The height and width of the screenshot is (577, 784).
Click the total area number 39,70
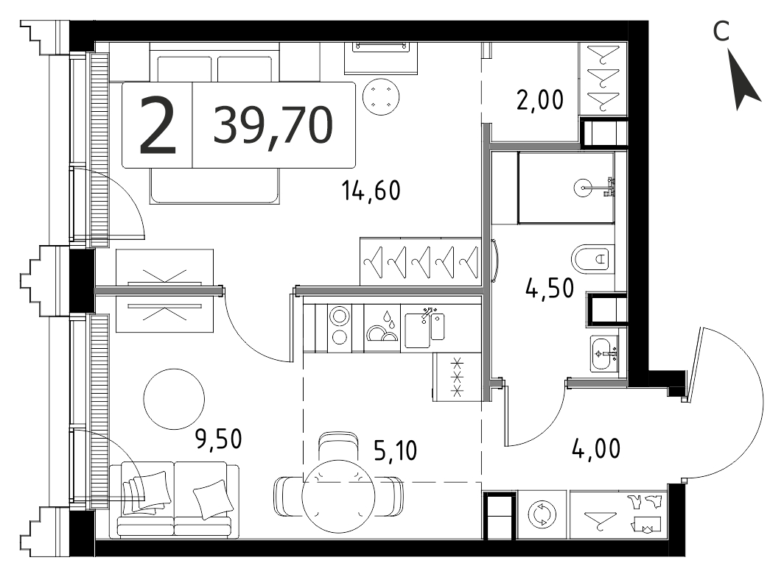pyautogui.click(x=273, y=126)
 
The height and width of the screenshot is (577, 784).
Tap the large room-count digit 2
pyautogui.click(x=158, y=125)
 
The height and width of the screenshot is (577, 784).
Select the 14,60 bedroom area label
pyautogui.click(x=371, y=191)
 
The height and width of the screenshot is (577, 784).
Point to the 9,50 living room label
pyautogui.click(x=218, y=439)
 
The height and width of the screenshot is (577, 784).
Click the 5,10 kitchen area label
pyautogui.click(x=395, y=450)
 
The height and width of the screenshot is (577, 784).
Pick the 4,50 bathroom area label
pyautogui.click(x=550, y=288)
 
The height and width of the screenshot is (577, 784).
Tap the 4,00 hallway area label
pyautogui.click(x=596, y=449)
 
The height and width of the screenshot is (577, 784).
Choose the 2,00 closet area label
pyautogui.click(x=540, y=100)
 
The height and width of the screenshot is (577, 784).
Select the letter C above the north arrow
pyautogui.click(x=721, y=32)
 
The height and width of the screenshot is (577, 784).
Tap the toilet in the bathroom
pyautogui.click(x=592, y=259)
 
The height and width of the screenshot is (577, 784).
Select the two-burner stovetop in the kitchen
pyautogui.click(x=340, y=328)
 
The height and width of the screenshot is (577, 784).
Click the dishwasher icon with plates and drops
pyautogui.click(x=382, y=328)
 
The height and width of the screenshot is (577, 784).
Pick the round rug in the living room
pyautogui.click(x=174, y=399)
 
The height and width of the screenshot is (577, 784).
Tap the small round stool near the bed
pyautogui.click(x=381, y=97)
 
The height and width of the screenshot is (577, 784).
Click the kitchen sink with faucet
pyautogui.click(x=424, y=328)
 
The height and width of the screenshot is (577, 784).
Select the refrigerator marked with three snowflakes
pyautogui.click(x=457, y=377)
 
